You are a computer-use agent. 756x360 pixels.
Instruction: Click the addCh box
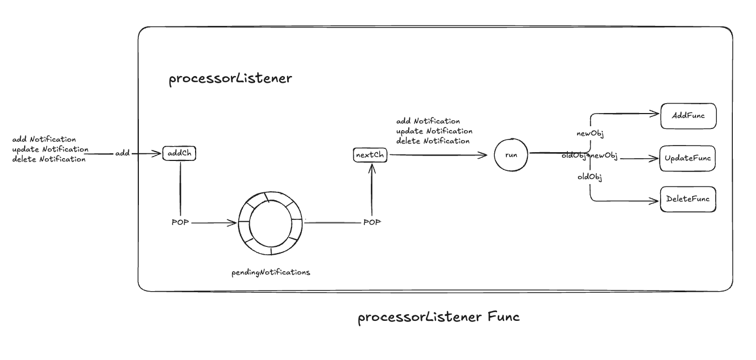click(x=179, y=153)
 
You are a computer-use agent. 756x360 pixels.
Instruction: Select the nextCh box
click(x=370, y=155)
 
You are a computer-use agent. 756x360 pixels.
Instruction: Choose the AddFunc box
click(x=688, y=116)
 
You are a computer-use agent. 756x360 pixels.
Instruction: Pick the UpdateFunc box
click(x=688, y=159)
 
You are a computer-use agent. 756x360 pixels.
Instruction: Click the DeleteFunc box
click(x=688, y=199)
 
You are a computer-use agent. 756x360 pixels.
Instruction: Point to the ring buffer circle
click(x=271, y=223)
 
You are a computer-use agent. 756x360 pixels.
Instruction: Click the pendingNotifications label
click(x=271, y=272)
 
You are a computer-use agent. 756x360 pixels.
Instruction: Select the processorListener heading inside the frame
click(x=230, y=79)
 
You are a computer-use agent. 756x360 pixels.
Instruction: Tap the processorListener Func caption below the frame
click(x=439, y=318)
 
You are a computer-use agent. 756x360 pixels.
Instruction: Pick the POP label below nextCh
click(x=371, y=222)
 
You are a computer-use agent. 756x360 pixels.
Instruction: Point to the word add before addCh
click(x=122, y=153)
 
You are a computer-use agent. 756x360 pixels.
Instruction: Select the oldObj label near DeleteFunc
click(x=589, y=177)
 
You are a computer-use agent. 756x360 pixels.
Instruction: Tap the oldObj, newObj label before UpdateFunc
click(x=589, y=157)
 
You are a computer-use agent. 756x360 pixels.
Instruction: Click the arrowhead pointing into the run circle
click(x=485, y=155)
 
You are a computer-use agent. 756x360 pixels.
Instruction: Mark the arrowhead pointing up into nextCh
click(x=371, y=166)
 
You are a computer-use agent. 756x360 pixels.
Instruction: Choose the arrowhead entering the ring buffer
click(x=234, y=223)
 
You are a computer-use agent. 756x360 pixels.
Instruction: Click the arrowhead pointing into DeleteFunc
click(x=656, y=200)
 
